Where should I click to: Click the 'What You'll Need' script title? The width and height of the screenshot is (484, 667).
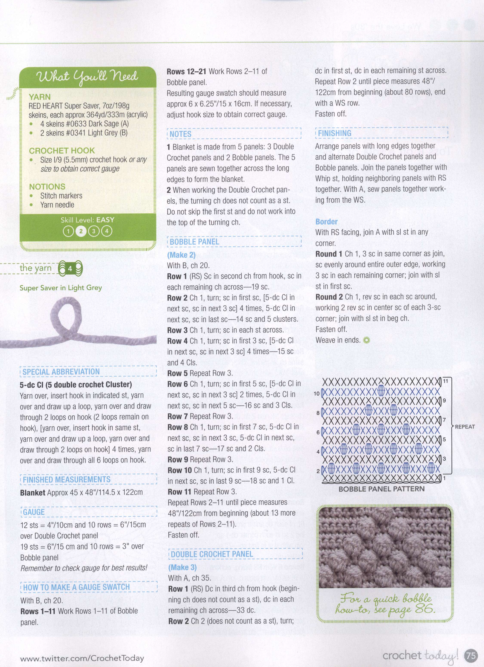click(x=87, y=77)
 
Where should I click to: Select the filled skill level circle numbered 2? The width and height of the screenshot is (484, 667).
click(x=81, y=231)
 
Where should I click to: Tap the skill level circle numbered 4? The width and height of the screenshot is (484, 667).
click(x=107, y=231)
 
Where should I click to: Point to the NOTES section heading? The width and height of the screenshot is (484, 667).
click(x=180, y=134)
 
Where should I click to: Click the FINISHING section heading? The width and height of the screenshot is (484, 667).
click(x=334, y=133)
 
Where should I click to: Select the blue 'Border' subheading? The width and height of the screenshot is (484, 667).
click(x=326, y=221)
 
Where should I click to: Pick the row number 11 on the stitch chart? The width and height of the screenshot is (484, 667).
click(x=446, y=381)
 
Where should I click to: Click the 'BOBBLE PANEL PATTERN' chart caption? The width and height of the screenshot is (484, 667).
click(x=381, y=489)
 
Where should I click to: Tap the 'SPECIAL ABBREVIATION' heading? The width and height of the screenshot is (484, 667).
click(x=61, y=372)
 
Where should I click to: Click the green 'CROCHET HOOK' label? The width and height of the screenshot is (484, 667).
click(x=62, y=151)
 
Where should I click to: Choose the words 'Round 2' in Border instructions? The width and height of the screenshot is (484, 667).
click(x=329, y=297)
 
